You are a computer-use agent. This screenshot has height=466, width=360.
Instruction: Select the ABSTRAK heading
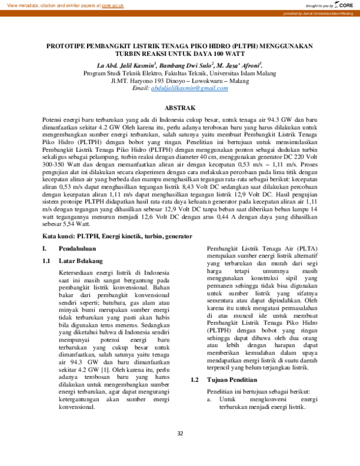click(x=180, y=108)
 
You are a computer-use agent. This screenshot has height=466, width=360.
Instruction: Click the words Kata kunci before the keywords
click(x=57, y=236)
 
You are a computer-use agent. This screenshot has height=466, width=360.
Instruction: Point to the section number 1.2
click(x=195, y=380)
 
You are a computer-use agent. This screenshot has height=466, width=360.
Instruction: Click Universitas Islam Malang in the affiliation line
click(x=244, y=73)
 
